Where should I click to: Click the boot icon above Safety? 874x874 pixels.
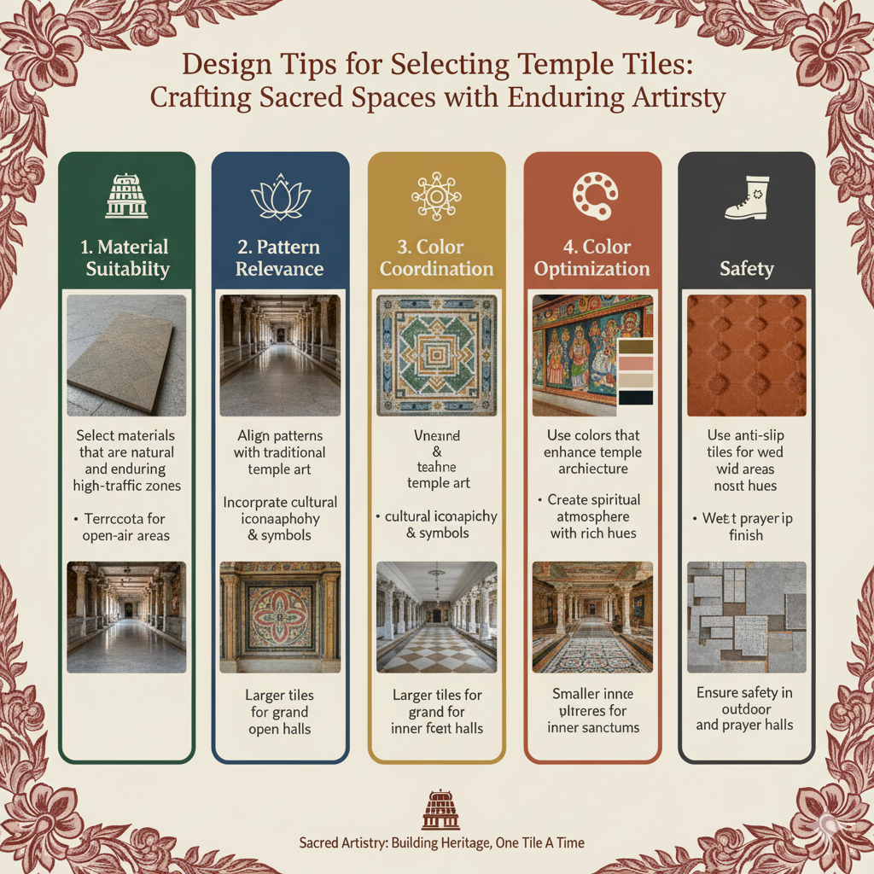point(746,197)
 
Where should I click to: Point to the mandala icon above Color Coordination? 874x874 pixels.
point(436,195)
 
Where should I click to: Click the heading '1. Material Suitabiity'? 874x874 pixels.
point(126,258)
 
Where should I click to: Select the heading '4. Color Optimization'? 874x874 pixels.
point(591,258)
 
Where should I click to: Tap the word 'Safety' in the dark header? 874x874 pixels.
point(746,269)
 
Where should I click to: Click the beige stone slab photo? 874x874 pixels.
point(126,355)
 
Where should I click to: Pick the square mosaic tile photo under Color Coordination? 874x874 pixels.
point(436,355)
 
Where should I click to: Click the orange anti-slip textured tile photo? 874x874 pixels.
point(746,355)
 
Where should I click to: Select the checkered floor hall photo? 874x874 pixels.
point(436,616)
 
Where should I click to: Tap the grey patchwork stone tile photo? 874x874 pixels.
point(746,616)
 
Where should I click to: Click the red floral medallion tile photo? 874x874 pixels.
point(280,616)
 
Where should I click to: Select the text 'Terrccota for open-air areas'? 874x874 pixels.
point(126,527)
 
